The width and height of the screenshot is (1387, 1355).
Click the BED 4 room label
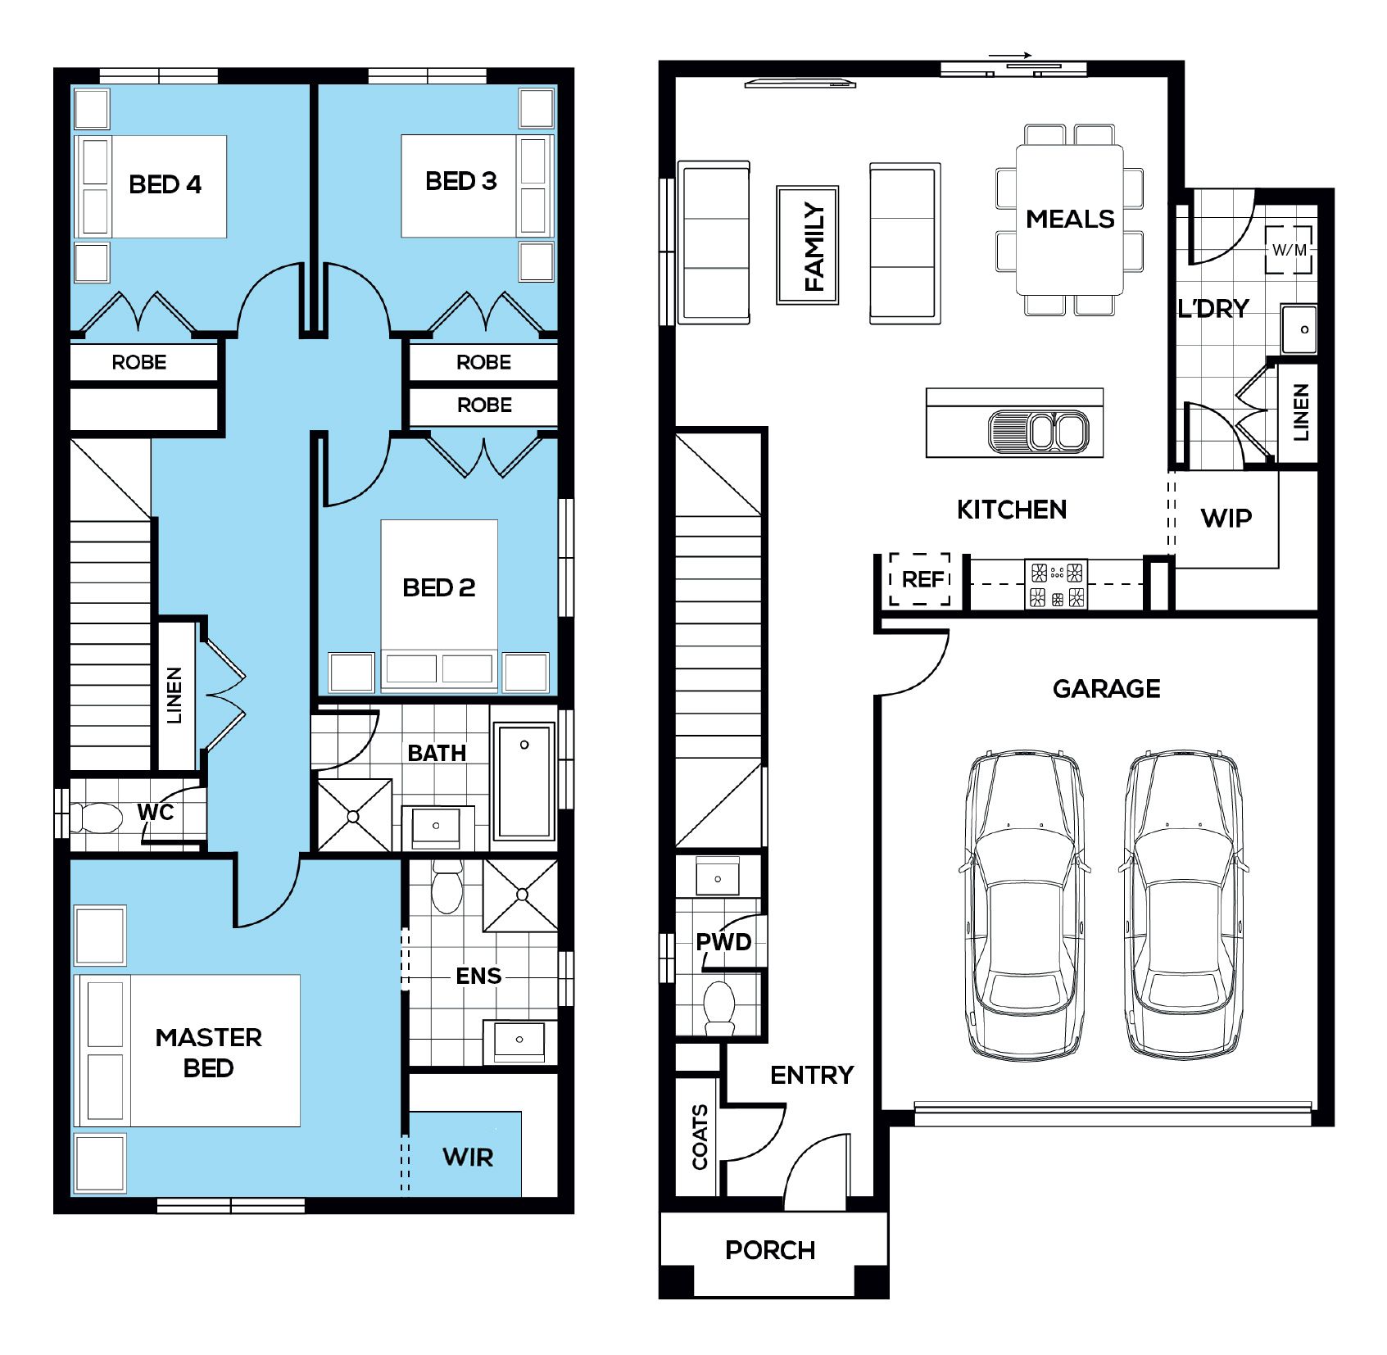165,184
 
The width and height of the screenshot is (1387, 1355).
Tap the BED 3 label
460,181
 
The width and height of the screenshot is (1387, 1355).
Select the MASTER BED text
208,1053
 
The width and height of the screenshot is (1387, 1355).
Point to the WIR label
468,1158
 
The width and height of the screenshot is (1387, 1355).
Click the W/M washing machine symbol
1289,250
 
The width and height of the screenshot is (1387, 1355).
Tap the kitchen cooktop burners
1057,584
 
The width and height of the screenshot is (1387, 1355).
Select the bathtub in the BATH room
524,780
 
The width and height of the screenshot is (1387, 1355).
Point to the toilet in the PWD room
719,1008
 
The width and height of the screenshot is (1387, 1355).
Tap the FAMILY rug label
814,247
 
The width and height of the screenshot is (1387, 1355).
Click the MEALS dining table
1069,219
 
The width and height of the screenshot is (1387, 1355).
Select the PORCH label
770,1250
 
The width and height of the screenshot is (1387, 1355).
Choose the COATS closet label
700,1136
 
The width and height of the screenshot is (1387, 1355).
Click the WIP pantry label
1226,518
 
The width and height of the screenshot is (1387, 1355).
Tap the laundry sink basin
1299,329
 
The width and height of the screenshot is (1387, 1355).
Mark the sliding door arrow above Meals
1010,57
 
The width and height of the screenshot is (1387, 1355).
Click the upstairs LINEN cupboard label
175,696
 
